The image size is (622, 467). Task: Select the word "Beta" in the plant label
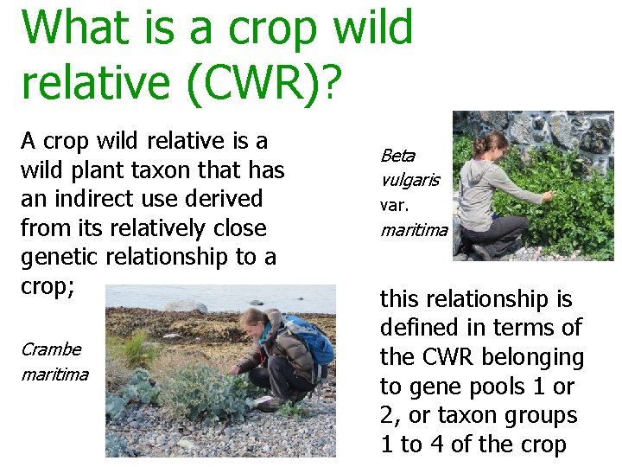pos(397,156)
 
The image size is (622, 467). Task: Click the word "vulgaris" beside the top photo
pos(409,180)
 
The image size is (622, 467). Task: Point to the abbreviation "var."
pos(393,206)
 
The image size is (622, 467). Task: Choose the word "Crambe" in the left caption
pos(51,349)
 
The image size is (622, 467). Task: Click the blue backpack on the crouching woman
pos(312,341)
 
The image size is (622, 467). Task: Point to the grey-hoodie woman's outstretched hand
pos(548,197)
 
